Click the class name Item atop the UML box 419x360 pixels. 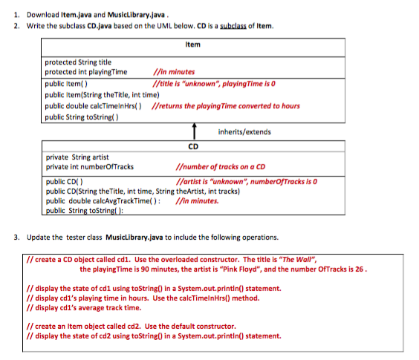tap(192, 45)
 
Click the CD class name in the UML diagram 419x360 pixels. tap(192, 146)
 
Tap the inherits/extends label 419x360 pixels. tap(244, 132)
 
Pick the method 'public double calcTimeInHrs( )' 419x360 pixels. tap(94, 105)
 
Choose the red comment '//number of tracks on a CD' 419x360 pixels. tap(221, 166)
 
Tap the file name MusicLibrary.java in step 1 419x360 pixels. tap(124, 14)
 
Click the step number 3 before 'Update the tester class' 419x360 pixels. tap(16, 238)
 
